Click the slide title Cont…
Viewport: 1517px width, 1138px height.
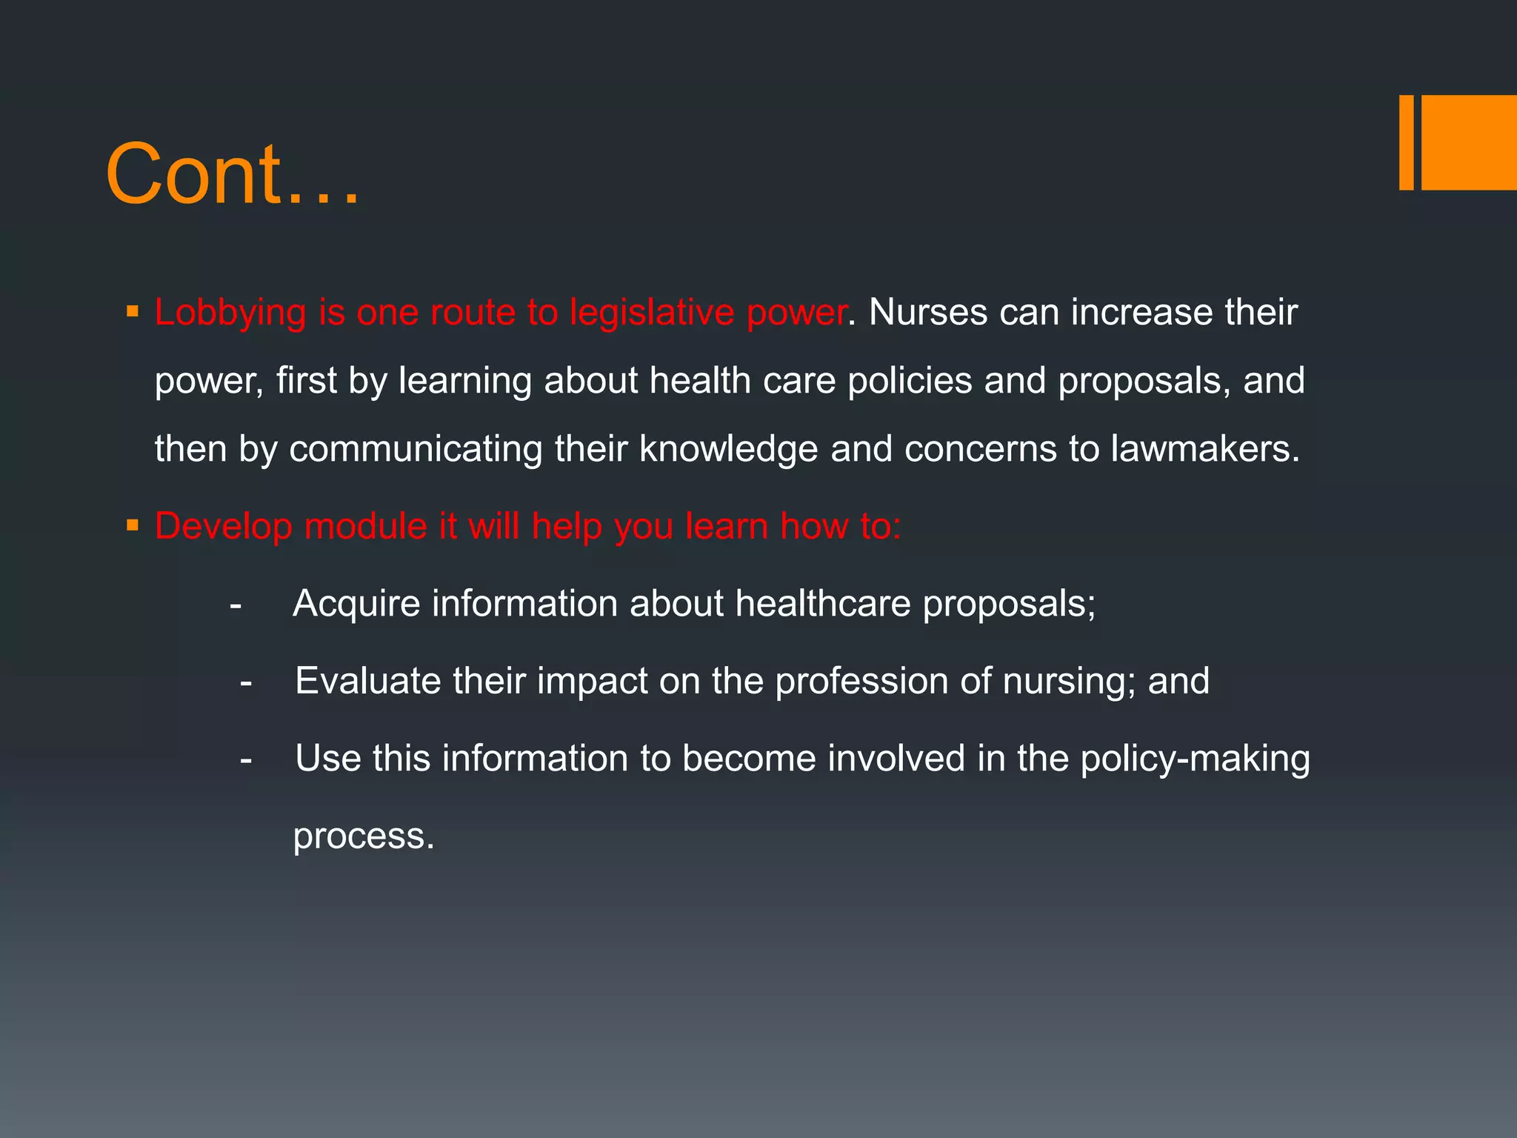coord(233,175)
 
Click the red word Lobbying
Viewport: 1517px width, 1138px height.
coord(230,313)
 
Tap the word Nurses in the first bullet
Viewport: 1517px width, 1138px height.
coord(928,312)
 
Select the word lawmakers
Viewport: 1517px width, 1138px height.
coord(1205,449)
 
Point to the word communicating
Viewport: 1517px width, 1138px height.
coord(416,450)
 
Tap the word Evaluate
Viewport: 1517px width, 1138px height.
coord(367,681)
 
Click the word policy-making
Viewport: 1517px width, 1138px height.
coord(1195,759)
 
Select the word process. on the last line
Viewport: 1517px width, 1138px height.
coord(364,836)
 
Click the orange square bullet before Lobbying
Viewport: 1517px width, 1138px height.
coord(133,310)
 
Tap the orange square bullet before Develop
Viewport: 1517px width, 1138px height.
coord(133,526)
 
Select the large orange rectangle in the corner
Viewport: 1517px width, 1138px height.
coord(1469,142)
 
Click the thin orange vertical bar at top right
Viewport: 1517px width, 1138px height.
coord(1406,142)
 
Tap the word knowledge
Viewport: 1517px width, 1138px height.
coord(729,450)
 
